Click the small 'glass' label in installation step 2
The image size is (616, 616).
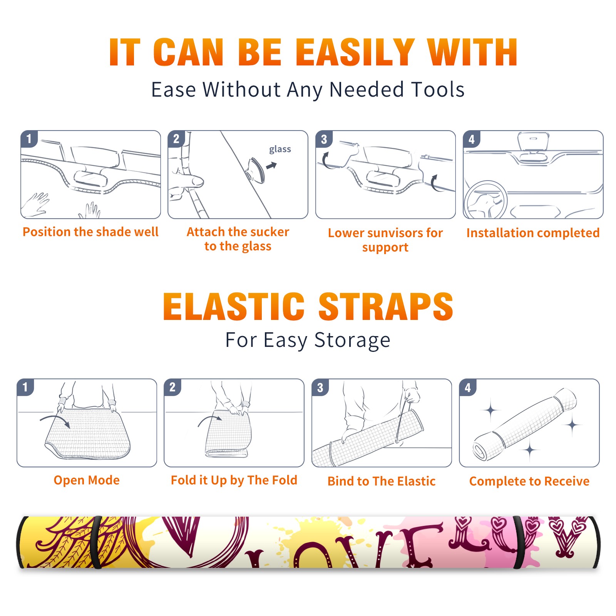coord(280,149)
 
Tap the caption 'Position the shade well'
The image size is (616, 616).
coord(90,232)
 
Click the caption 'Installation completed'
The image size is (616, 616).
coord(533,233)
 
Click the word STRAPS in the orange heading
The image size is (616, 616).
coord(386,306)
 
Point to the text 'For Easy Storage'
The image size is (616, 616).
coord(308,340)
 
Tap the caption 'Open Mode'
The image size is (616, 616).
coord(87,480)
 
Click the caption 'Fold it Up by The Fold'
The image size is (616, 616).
coord(234,480)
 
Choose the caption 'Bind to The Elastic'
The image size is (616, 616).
coord(382,481)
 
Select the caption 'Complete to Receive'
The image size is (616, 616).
coord(529,481)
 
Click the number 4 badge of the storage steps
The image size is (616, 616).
coord(468,387)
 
